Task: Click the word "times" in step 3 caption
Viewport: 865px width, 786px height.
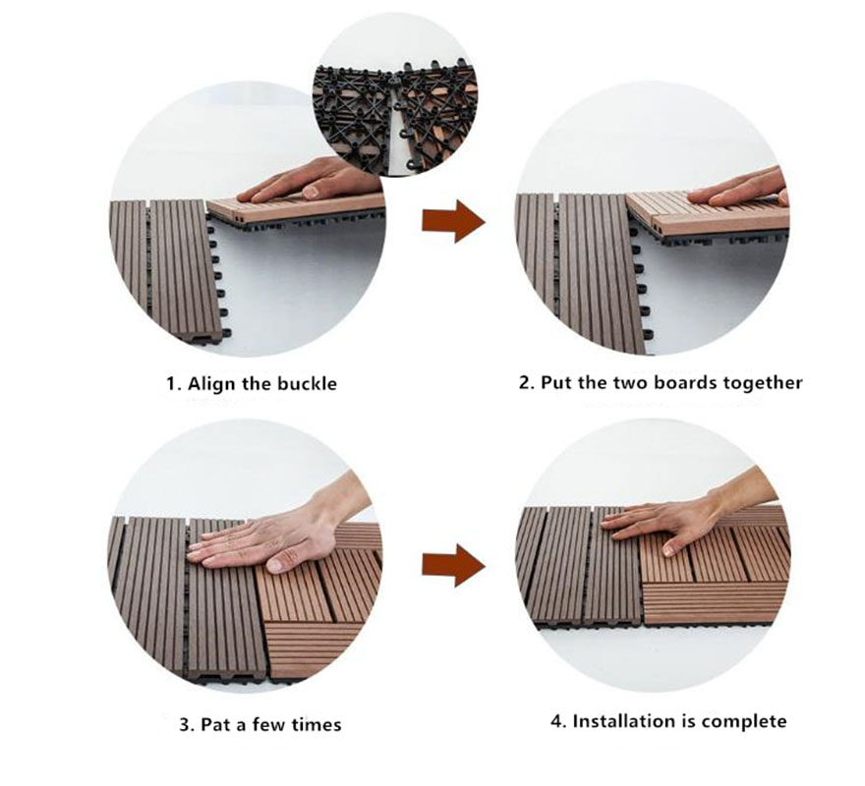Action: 317,724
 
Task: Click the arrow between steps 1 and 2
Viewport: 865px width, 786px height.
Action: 453,222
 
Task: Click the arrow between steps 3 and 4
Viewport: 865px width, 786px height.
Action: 453,565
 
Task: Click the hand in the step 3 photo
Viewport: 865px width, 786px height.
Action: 276,530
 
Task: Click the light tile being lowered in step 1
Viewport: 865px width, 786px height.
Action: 295,208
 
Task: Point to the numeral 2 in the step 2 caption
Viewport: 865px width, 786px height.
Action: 524,383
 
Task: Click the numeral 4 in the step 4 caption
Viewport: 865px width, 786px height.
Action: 557,721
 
